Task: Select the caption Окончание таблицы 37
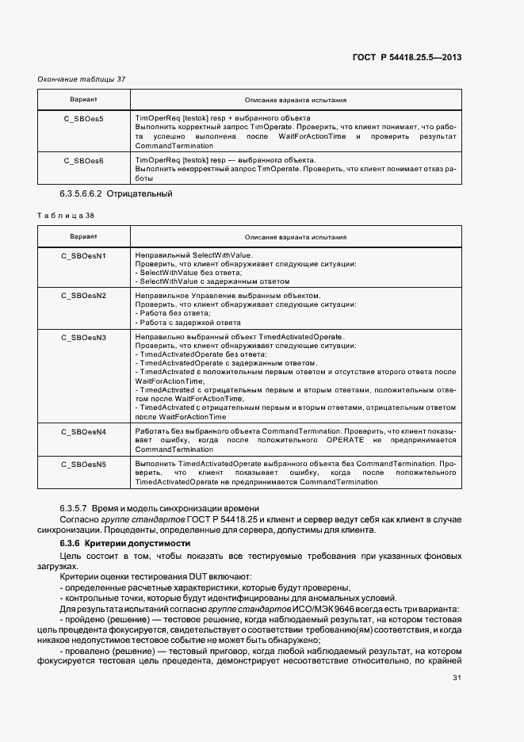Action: click(82, 79)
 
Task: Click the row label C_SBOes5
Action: click(83, 118)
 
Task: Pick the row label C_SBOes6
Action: click(83, 160)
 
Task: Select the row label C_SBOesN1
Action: click(83, 255)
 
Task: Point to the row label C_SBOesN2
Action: click(83, 296)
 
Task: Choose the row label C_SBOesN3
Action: click(83, 337)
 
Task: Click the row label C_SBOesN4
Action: click(83, 431)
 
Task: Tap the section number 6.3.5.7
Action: click(74, 507)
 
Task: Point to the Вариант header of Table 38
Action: click(83, 236)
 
